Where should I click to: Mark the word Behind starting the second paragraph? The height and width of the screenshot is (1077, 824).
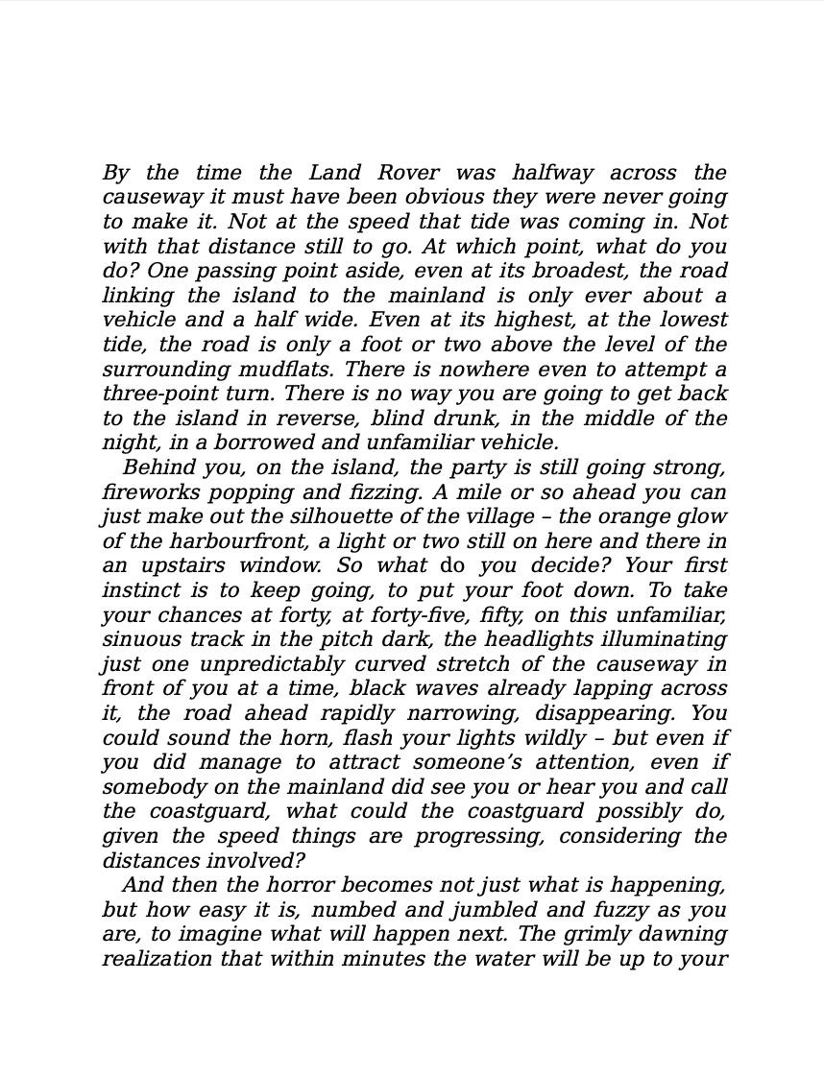pos(158,467)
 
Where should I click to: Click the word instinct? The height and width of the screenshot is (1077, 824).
pos(137,590)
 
